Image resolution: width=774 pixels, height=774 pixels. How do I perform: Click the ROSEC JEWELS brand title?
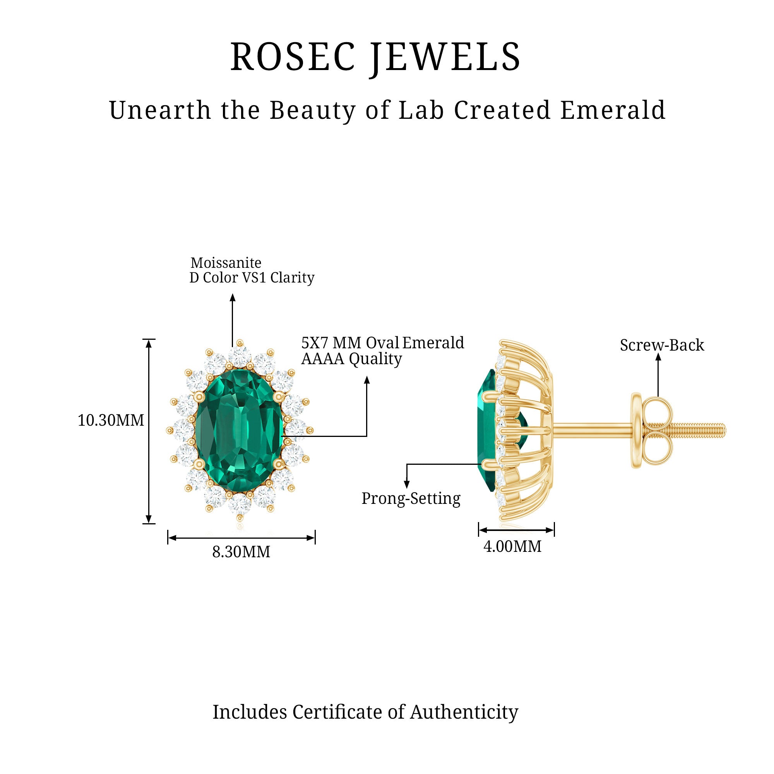375,57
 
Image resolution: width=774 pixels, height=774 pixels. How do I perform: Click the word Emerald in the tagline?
613,110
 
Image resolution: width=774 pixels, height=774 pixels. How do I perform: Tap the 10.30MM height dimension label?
111,420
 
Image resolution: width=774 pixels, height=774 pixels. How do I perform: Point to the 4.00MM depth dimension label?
512,546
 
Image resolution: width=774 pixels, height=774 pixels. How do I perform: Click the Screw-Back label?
662,345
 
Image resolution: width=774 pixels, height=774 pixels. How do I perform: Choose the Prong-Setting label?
411,498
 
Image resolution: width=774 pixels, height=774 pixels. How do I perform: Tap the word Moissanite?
226,263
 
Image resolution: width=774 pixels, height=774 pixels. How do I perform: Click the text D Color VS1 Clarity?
252,277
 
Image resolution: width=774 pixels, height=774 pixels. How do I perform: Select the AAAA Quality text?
351,359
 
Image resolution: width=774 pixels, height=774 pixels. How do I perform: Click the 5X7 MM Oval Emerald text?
383,342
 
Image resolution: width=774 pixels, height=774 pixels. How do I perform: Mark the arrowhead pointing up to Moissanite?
232,297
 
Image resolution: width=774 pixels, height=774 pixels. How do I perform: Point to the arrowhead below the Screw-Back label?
658,357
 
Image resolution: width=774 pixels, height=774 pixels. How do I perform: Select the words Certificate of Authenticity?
405,712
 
